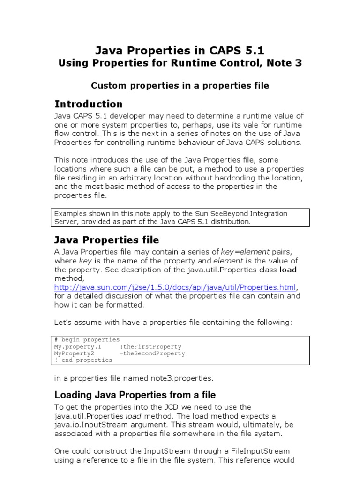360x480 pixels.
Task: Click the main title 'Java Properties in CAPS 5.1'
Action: tap(180, 50)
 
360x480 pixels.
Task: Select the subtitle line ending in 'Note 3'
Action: tap(180, 63)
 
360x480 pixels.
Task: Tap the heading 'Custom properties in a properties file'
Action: tap(180, 85)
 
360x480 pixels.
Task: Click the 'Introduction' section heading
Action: tap(89, 104)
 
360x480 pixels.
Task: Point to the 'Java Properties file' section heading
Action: tap(107, 240)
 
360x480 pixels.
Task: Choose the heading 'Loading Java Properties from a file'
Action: tap(135, 395)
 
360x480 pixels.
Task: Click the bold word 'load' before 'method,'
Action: tap(288, 270)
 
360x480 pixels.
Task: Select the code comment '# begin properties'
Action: tap(87, 339)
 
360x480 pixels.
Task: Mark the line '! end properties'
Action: tap(83, 360)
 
